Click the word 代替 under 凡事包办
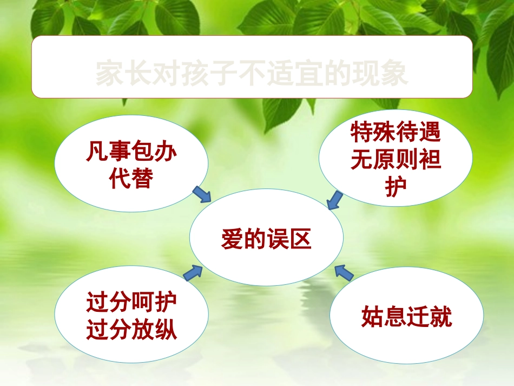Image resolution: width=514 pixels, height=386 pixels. pos(131,178)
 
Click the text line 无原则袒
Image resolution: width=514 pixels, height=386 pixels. pos(396,160)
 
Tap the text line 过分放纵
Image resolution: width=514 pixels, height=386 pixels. pos(131,330)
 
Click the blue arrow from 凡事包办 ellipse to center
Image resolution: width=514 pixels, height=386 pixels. pos(202,194)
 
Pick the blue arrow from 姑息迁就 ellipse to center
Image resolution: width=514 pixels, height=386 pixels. pos(344,272)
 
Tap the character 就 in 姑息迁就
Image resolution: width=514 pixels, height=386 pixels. pos(440,317)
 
